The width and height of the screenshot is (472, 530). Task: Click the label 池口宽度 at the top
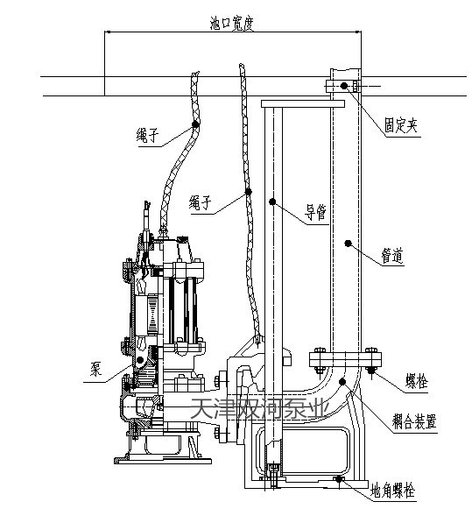coord(231,24)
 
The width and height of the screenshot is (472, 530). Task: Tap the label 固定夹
coord(401,126)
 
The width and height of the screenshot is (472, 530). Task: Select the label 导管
coord(316,212)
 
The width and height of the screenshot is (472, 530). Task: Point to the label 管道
coord(392,256)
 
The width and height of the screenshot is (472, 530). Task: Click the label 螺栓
coord(417,381)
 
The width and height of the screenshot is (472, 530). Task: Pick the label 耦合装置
coord(414,421)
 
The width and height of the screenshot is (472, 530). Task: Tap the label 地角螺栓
coord(392,491)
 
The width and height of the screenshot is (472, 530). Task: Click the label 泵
coord(95,369)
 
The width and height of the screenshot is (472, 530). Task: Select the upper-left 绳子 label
coord(148,136)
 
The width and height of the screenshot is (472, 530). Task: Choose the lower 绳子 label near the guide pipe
coord(201,203)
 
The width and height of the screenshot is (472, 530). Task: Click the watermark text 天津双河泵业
coord(259,408)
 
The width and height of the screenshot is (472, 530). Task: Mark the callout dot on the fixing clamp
coord(344,86)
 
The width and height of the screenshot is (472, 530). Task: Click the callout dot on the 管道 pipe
coord(348,243)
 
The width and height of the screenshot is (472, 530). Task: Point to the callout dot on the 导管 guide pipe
coord(272,201)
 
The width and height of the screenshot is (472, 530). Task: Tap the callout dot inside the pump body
coord(140,360)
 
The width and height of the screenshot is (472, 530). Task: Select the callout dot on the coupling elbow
coord(342,382)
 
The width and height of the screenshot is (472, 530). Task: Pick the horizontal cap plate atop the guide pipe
coord(303,103)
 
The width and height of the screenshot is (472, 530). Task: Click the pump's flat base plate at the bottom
coord(163,461)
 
